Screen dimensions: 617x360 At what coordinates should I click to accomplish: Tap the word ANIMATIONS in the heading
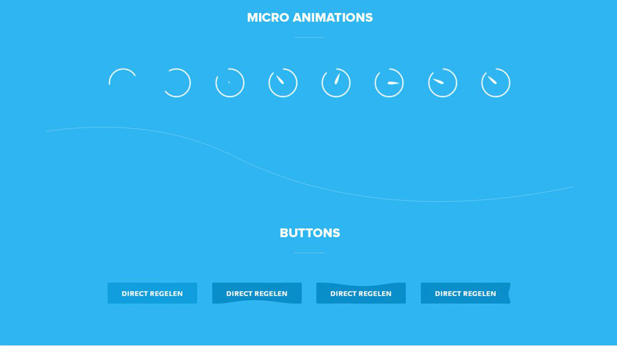tap(333, 17)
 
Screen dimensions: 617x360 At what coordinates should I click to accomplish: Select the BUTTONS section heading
tap(310, 233)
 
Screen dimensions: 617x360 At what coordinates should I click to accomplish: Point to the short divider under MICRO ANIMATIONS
tap(310, 37)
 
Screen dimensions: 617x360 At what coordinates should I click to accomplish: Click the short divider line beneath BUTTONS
tap(310, 253)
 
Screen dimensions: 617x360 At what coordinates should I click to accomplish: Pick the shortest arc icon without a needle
tap(121, 70)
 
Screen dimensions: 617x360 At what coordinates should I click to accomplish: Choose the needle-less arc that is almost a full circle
tap(190, 83)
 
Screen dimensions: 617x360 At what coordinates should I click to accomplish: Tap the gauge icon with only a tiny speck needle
tap(230, 97)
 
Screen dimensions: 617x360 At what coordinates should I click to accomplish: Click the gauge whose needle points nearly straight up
tap(336, 97)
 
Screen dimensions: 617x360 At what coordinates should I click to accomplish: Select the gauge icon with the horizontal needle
tap(389, 97)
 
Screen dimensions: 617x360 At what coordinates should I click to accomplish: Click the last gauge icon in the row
tap(496, 97)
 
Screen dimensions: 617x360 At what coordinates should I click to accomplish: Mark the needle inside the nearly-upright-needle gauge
tap(337, 79)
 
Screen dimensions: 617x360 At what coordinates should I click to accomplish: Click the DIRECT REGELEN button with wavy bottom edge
tap(257, 293)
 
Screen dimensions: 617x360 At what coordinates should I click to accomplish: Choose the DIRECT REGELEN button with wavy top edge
tap(361, 294)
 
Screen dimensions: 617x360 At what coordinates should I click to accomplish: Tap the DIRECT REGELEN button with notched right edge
tap(465, 293)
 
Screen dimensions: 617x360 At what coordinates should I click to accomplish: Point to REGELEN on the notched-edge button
tap(480, 294)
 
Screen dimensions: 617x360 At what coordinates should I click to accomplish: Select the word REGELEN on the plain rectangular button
tap(167, 294)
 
